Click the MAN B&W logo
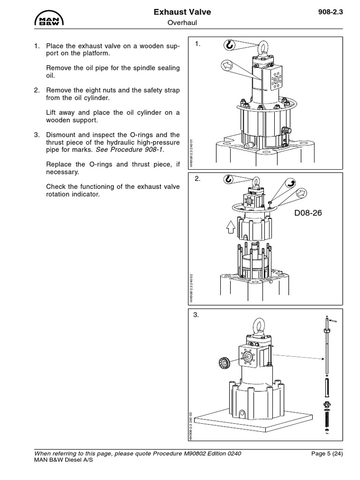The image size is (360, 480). [49, 18]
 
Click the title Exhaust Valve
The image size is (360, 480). [182, 12]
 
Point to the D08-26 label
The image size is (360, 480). [308, 213]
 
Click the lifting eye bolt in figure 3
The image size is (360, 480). [258, 326]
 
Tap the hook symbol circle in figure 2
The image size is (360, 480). [228, 179]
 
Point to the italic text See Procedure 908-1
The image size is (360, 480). [130, 150]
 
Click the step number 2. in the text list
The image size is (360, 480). [37, 90]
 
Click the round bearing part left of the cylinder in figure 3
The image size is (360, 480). [225, 362]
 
